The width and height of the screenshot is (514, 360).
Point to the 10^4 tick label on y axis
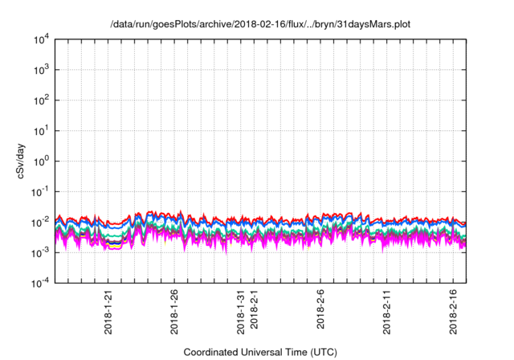tap(41, 39)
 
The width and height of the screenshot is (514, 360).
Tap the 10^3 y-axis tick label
tap(41, 70)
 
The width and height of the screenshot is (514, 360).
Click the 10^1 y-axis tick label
tap(41, 130)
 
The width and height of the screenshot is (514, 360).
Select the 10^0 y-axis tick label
tap(41, 161)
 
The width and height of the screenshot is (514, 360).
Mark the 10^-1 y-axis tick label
tap(40, 191)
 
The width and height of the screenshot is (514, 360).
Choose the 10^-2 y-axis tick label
tap(40, 222)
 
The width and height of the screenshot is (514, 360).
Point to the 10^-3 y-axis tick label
tap(40, 252)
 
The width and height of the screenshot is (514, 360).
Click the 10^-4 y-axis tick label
tap(40, 283)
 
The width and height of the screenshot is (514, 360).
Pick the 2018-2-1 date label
tap(255, 309)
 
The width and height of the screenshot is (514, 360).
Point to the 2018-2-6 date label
tap(320, 309)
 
